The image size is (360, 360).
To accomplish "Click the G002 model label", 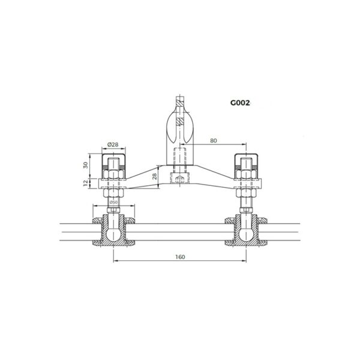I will point(239,102).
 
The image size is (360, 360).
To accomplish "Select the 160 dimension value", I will point(180,256).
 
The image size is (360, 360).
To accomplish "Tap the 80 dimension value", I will point(214,140).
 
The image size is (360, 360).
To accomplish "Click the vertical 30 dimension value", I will point(85,164).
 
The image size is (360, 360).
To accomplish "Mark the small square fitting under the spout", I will point(179,180).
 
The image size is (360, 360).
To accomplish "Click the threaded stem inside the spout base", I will point(179,157).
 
